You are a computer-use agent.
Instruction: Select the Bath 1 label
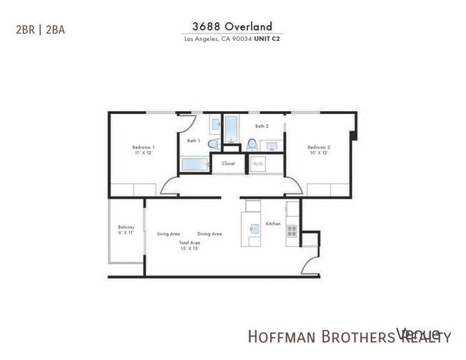point(193,141)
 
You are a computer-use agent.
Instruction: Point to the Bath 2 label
point(262,126)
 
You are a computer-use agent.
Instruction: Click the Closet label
point(228,164)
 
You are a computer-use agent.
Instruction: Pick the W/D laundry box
point(257,164)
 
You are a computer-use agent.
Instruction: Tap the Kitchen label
point(273,224)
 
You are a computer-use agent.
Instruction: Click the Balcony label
point(126,227)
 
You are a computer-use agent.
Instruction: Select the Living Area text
point(168,234)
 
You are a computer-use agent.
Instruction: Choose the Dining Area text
point(209,234)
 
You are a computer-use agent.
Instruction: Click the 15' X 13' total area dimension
point(189,249)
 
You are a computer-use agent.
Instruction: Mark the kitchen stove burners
point(292,231)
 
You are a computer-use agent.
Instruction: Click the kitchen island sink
point(254,230)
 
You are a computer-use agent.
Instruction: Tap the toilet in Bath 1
point(213,144)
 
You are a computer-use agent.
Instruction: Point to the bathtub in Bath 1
point(194,164)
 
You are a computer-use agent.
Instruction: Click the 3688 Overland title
point(232,26)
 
